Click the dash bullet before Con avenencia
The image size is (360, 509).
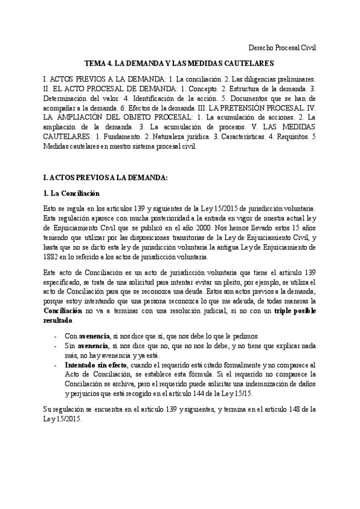click(x=55, y=336)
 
